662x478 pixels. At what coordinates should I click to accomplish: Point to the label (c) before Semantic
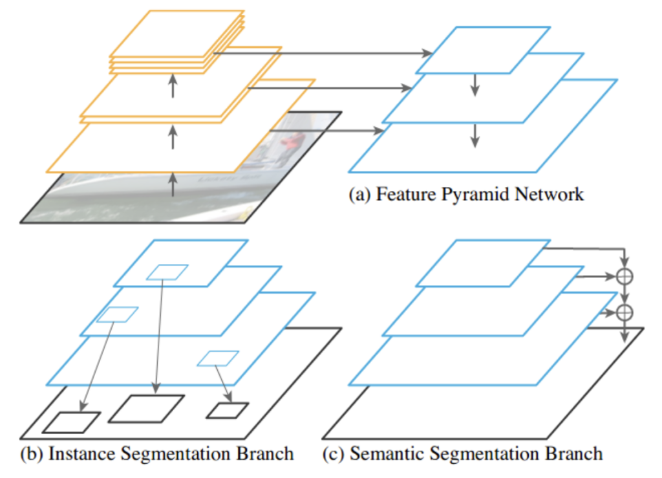click(x=333, y=453)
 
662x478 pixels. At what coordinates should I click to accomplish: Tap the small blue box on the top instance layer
click(x=167, y=272)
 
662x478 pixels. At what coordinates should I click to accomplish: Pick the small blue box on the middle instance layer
click(x=117, y=314)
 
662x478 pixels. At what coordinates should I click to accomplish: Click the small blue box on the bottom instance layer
click(x=218, y=358)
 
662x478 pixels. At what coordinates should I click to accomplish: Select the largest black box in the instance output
click(x=146, y=409)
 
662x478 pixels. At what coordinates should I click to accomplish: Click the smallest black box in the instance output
click(x=227, y=411)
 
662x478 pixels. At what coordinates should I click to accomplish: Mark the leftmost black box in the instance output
click(x=71, y=422)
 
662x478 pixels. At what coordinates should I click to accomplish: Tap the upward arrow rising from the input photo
click(x=173, y=184)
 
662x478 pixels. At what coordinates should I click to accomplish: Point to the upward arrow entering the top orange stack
click(x=173, y=85)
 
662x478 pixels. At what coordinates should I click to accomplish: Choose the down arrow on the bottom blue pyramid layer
click(x=475, y=134)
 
